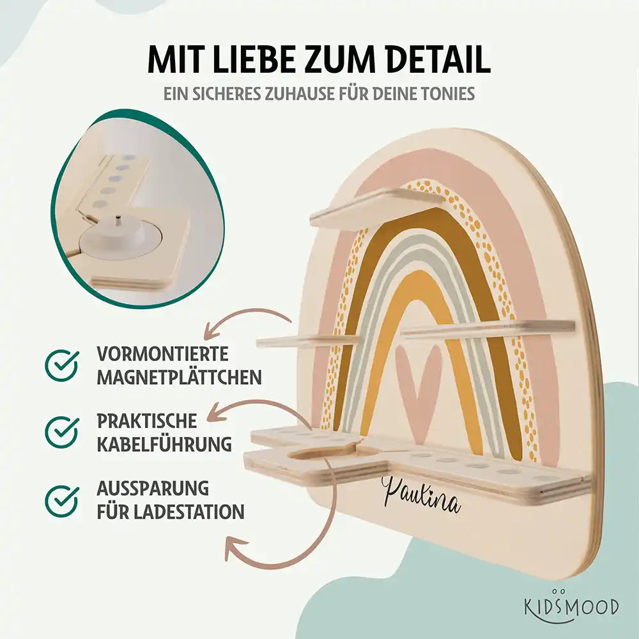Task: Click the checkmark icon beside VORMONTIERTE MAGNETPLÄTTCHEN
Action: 62,365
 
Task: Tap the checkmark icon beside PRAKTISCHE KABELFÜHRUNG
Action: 62,432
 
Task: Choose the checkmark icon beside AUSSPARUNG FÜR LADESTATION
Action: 62,500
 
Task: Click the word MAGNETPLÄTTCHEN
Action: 179,377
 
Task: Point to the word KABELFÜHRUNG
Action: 164,444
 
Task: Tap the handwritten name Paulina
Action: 420,494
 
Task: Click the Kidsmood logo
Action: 571,606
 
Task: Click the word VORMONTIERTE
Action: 162,354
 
